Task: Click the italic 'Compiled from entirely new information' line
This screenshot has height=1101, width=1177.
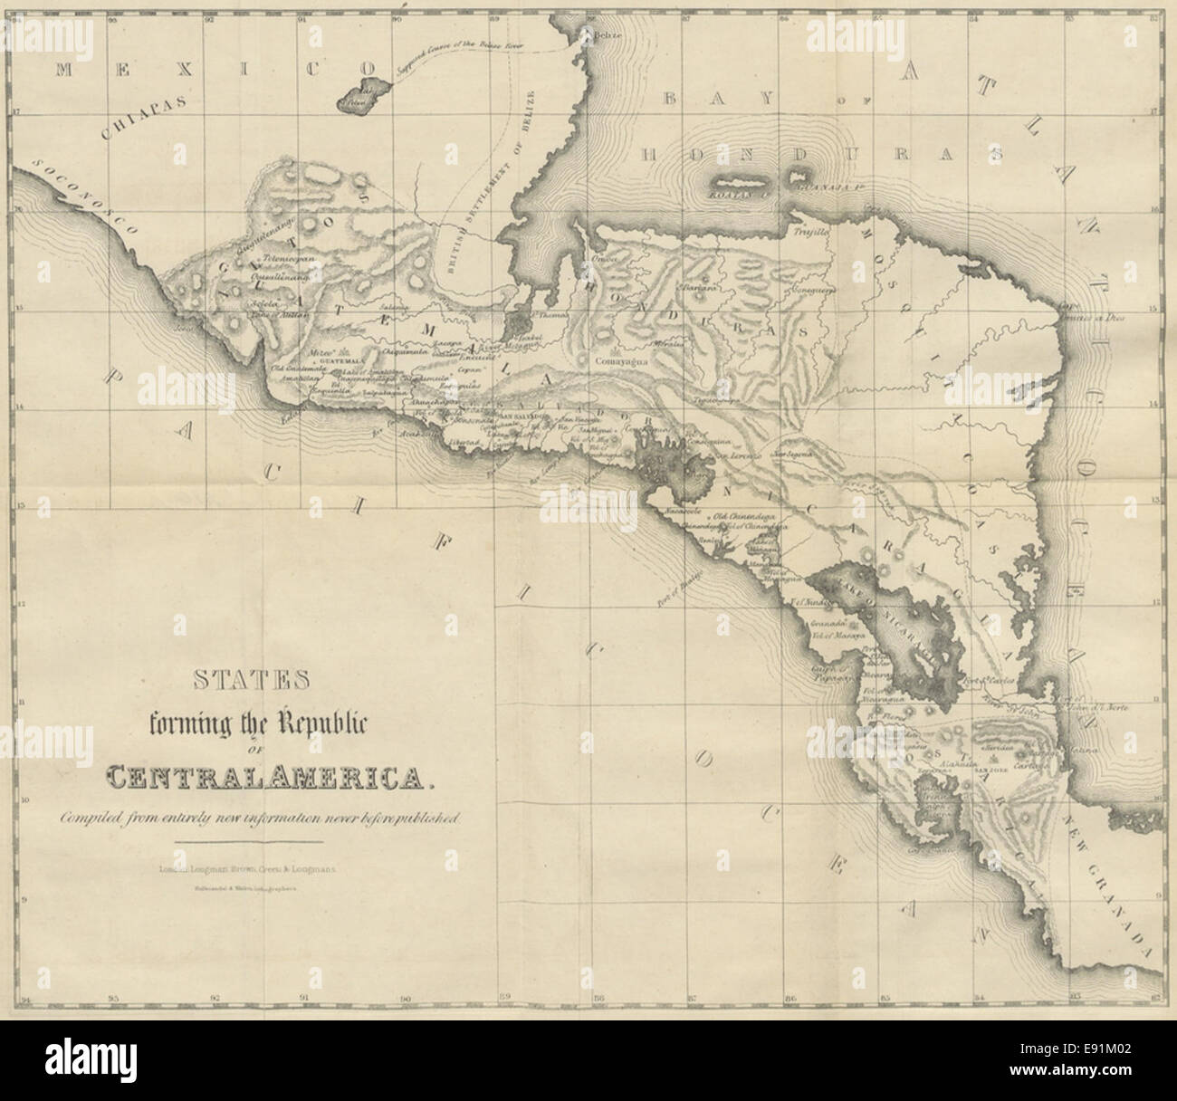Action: pos(261,819)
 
